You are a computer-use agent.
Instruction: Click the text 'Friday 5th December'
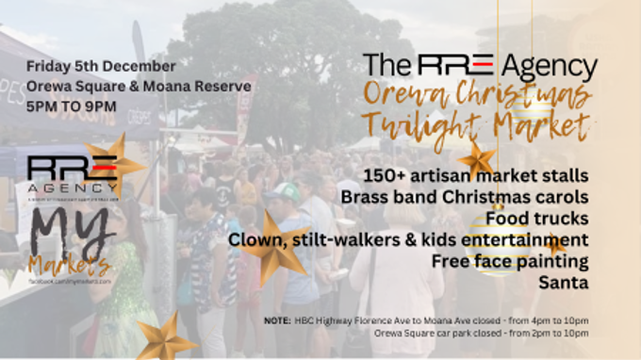click(x=101, y=67)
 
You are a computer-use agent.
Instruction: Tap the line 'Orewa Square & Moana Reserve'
click(x=139, y=87)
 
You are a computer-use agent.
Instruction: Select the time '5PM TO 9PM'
click(x=72, y=106)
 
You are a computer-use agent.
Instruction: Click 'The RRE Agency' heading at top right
click(x=480, y=67)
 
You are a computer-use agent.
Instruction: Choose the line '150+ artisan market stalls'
click(x=479, y=175)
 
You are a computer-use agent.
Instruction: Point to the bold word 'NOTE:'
click(x=277, y=320)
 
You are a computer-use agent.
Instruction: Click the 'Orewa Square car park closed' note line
click(x=481, y=333)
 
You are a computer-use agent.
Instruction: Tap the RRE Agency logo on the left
click(x=73, y=173)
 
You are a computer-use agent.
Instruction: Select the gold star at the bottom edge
click(x=164, y=335)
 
